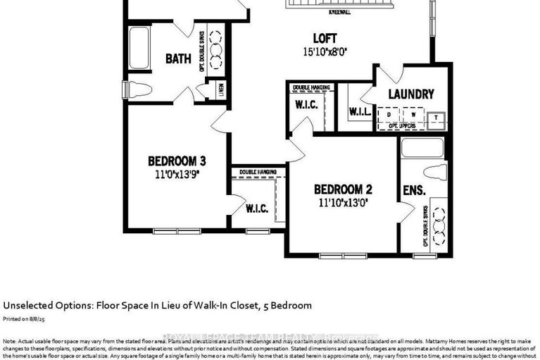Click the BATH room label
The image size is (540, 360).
(178, 59)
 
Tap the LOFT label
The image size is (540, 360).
(325, 38)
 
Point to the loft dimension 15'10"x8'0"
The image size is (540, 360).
(325, 51)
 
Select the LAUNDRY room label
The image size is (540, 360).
(411, 94)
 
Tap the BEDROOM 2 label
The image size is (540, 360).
(343, 189)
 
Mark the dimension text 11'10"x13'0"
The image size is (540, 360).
(343, 201)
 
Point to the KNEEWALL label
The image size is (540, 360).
(341, 11)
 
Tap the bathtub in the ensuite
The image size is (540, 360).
(420, 148)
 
